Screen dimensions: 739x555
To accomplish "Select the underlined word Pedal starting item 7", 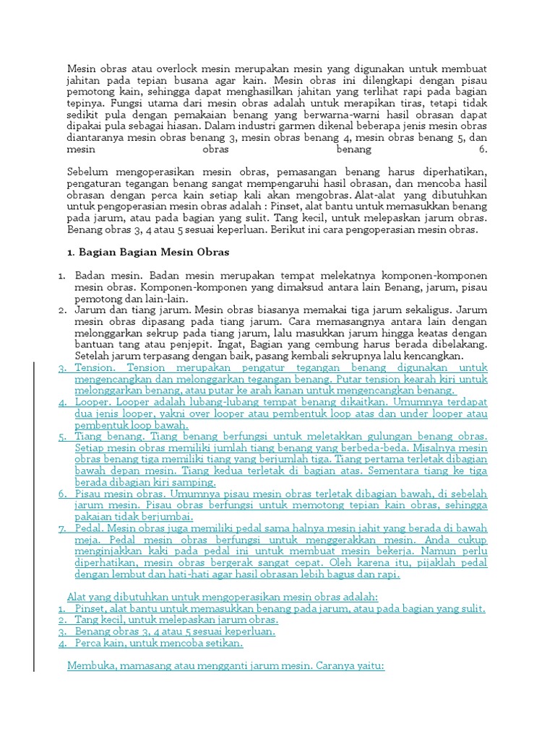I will click(90, 528).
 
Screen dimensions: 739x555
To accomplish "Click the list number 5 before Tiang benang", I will click(63, 437).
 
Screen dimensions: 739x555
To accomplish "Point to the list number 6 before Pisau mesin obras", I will click(63, 494).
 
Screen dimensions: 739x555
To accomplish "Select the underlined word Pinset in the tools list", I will click(92, 608).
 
